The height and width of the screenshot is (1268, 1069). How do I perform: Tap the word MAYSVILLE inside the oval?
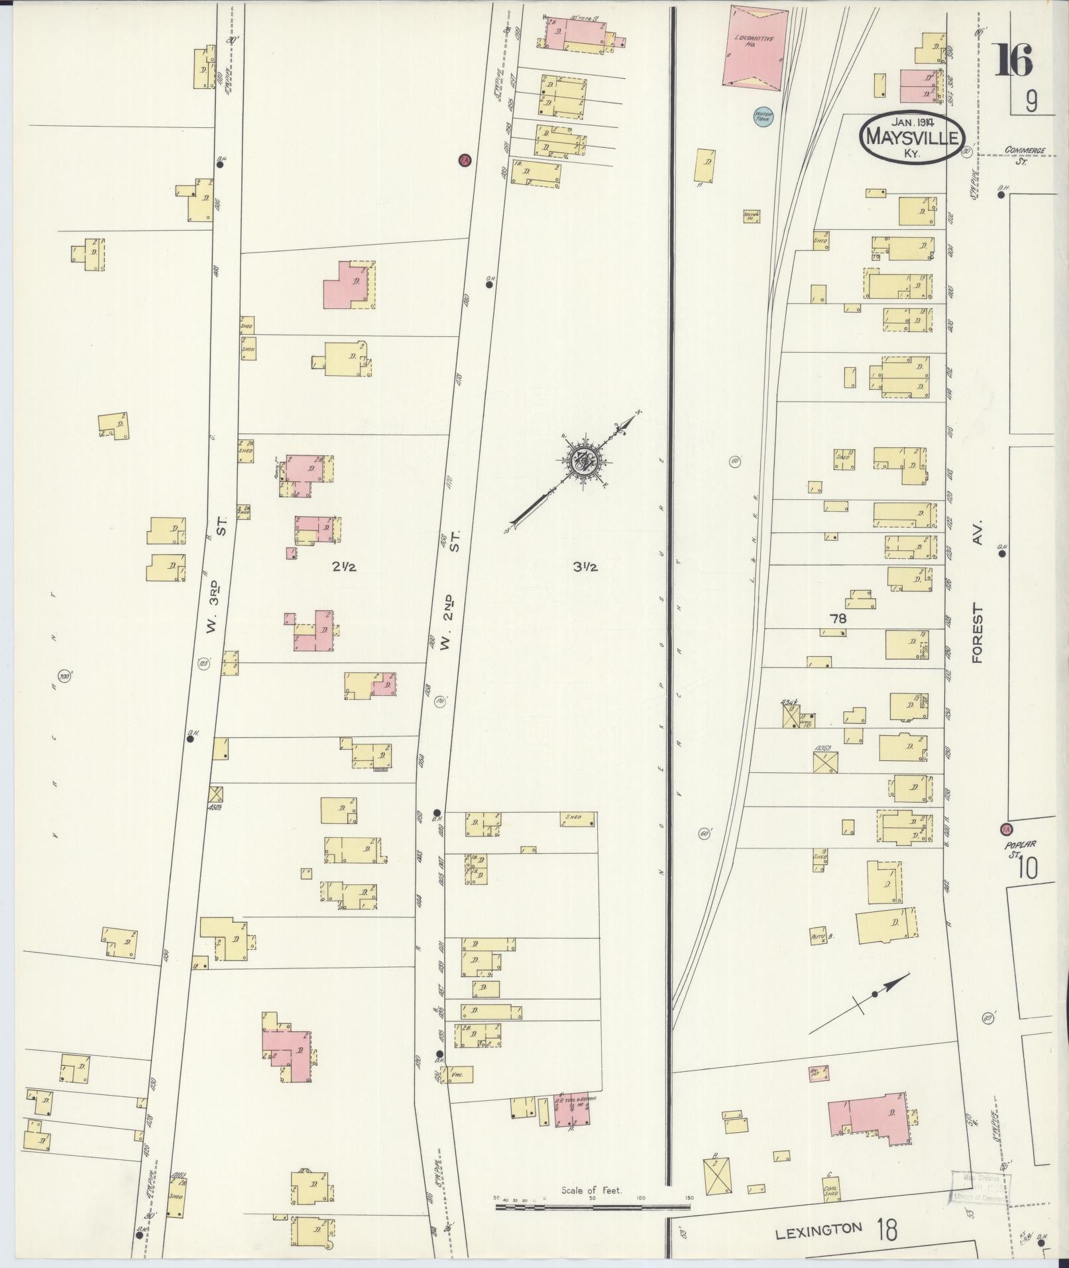click(912, 138)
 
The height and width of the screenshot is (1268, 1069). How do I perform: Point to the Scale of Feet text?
click(592, 1190)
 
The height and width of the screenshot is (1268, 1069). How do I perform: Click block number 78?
click(838, 618)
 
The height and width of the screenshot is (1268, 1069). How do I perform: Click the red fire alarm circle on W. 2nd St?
click(465, 160)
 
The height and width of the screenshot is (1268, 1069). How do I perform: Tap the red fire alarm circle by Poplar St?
click(1006, 829)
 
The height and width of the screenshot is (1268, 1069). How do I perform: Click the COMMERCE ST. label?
click(1024, 154)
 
